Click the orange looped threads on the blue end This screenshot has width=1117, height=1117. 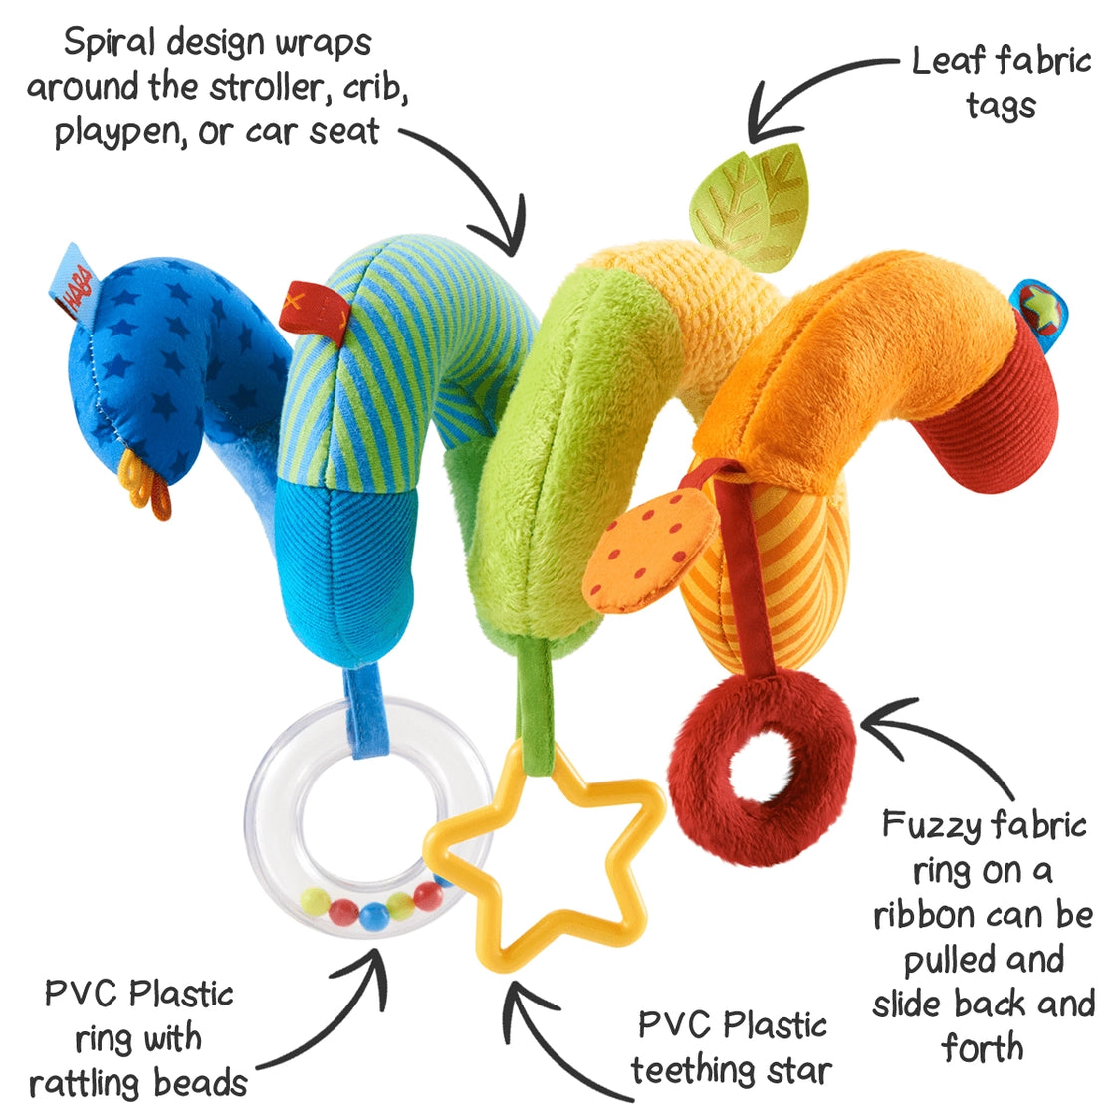click(146, 484)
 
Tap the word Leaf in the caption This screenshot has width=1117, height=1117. click(950, 61)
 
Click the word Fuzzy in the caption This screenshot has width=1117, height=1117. click(929, 824)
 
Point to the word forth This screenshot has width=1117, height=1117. click(982, 1047)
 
